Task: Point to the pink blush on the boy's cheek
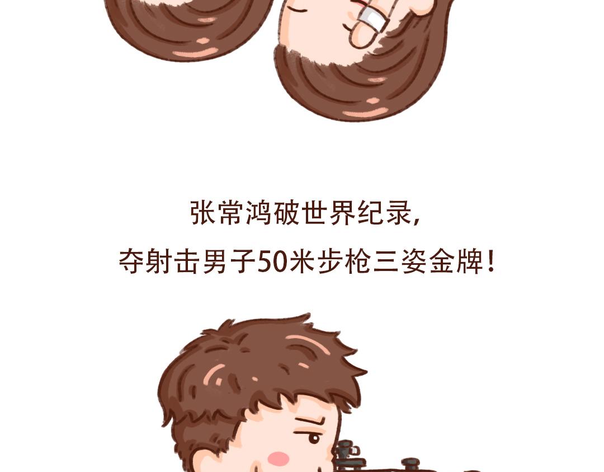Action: pyautogui.click(x=278, y=459)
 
